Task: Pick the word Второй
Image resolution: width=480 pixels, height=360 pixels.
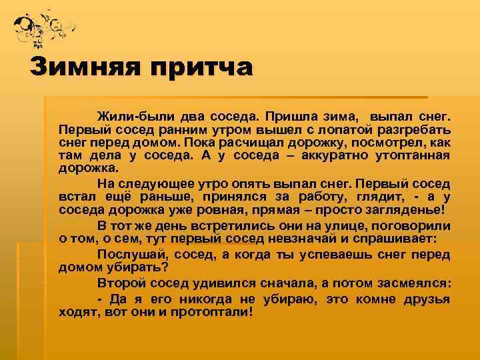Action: pos(121,283)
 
